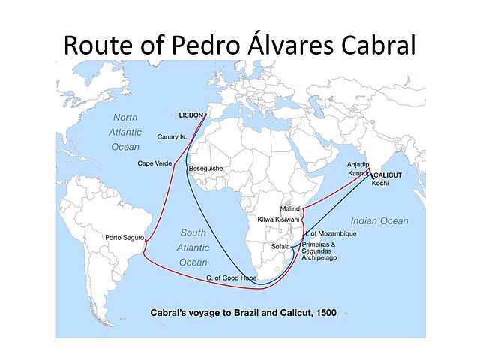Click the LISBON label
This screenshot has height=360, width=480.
[x=191, y=116]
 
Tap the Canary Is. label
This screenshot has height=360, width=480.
[x=172, y=137]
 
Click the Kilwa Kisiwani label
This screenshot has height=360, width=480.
[x=277, y=219]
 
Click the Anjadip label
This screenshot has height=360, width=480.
[x=358, y=163]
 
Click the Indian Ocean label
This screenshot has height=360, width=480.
[x=379, y=220]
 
